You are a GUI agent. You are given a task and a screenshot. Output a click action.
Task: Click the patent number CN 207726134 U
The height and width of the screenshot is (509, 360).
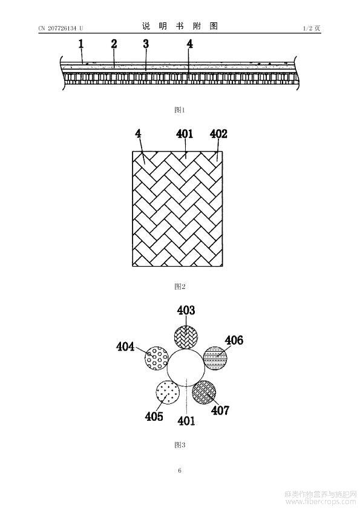tap(61, 28)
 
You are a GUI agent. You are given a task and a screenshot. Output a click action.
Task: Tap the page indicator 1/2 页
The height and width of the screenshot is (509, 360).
tap(312, 28)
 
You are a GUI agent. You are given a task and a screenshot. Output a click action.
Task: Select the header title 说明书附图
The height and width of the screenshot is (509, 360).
tap(180, 26)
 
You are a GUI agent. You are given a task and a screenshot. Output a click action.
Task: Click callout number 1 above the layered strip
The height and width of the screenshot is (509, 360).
tap(81, 44)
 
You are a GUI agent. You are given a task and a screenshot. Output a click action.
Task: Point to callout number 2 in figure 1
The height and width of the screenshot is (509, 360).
tap(114, 44)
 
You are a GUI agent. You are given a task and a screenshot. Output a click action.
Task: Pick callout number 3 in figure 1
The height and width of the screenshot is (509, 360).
tap(146, 44)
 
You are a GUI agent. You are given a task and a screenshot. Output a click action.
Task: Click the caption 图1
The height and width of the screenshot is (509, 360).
tap(180, 110)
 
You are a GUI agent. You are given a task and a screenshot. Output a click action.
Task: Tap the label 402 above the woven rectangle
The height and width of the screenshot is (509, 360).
tap(218, 134)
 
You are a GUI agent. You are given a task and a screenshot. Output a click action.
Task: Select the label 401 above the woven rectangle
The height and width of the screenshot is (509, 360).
tap(185, 134)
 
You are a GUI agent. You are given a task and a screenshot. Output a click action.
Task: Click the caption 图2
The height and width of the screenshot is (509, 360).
tap(180, 287)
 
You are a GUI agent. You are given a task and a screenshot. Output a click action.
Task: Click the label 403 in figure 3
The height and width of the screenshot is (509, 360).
tap(186, 310)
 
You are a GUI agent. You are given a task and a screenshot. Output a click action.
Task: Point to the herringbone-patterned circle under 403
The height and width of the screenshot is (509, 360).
tap(186, 337)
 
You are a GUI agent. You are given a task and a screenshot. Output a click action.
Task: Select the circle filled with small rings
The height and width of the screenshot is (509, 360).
tap(156, 358)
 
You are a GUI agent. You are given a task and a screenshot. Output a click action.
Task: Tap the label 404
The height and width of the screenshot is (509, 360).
tap(125, 347)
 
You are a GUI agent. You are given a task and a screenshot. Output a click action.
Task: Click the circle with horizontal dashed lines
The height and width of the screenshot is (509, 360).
tap(215, 358)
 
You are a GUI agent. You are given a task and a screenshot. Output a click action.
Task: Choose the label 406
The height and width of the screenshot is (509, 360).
tap(234, 340)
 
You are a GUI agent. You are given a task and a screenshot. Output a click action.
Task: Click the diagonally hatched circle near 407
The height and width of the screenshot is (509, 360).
tap(204, 392)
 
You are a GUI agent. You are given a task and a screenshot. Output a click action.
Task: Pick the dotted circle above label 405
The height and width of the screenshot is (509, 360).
tap(168, 393)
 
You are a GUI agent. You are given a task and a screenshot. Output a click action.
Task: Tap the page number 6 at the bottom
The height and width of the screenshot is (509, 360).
tap(180, 470)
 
